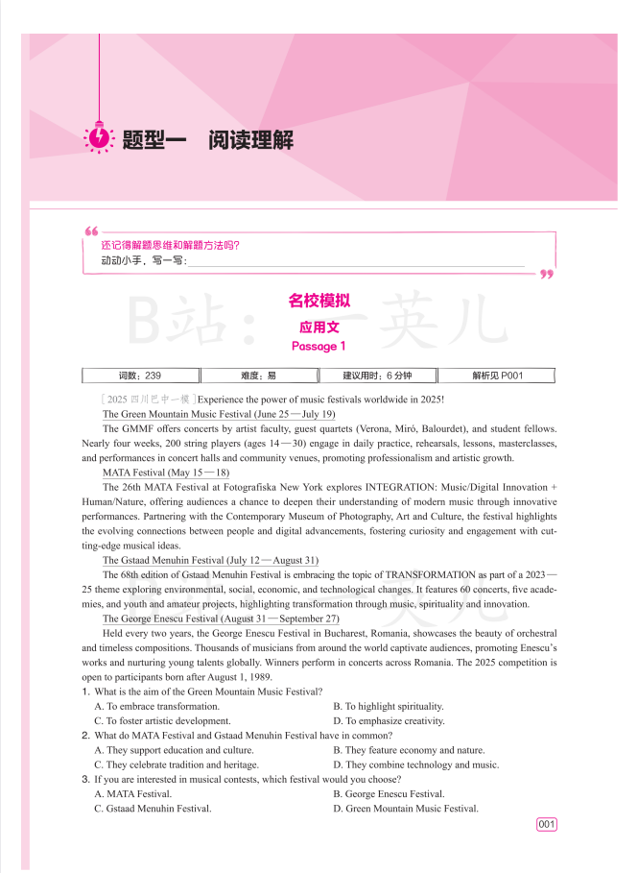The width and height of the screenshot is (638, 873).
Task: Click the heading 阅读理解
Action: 251,140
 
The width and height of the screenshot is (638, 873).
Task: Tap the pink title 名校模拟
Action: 319,301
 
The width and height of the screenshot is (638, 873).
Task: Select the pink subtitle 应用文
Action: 319,327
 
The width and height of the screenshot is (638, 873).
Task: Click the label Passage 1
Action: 319,346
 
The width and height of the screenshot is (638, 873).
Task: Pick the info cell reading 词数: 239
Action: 140,376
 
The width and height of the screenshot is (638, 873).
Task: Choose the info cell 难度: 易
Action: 258,376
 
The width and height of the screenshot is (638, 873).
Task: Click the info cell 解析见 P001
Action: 497,376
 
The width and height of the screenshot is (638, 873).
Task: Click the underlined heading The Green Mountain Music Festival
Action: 219,413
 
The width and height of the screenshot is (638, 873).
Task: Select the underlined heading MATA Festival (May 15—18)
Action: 166,473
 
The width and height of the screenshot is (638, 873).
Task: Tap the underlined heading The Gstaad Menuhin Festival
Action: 210,560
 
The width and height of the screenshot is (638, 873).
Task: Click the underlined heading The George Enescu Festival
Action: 221,618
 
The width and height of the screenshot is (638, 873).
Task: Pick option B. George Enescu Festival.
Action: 389,794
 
